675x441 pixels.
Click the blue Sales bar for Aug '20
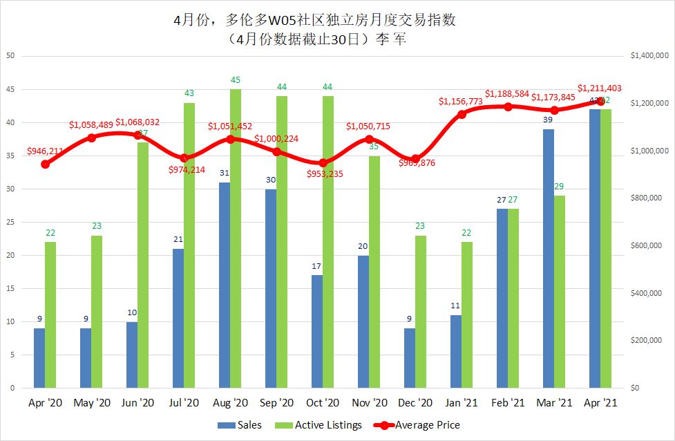coord(225,285)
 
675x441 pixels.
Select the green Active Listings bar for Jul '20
coord(189,245)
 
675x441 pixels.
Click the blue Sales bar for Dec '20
coord(410,358)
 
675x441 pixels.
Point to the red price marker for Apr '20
coord(45,164)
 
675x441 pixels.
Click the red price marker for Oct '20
coord(323,163)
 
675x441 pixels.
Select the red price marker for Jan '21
coord(462,113)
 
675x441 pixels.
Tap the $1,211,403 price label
coord(600,88)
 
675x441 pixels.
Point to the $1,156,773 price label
coord(461,102)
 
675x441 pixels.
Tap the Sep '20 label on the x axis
coord(276,402)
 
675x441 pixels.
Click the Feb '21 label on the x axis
coord(508,402)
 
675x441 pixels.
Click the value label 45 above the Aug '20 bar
coord(236,80)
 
